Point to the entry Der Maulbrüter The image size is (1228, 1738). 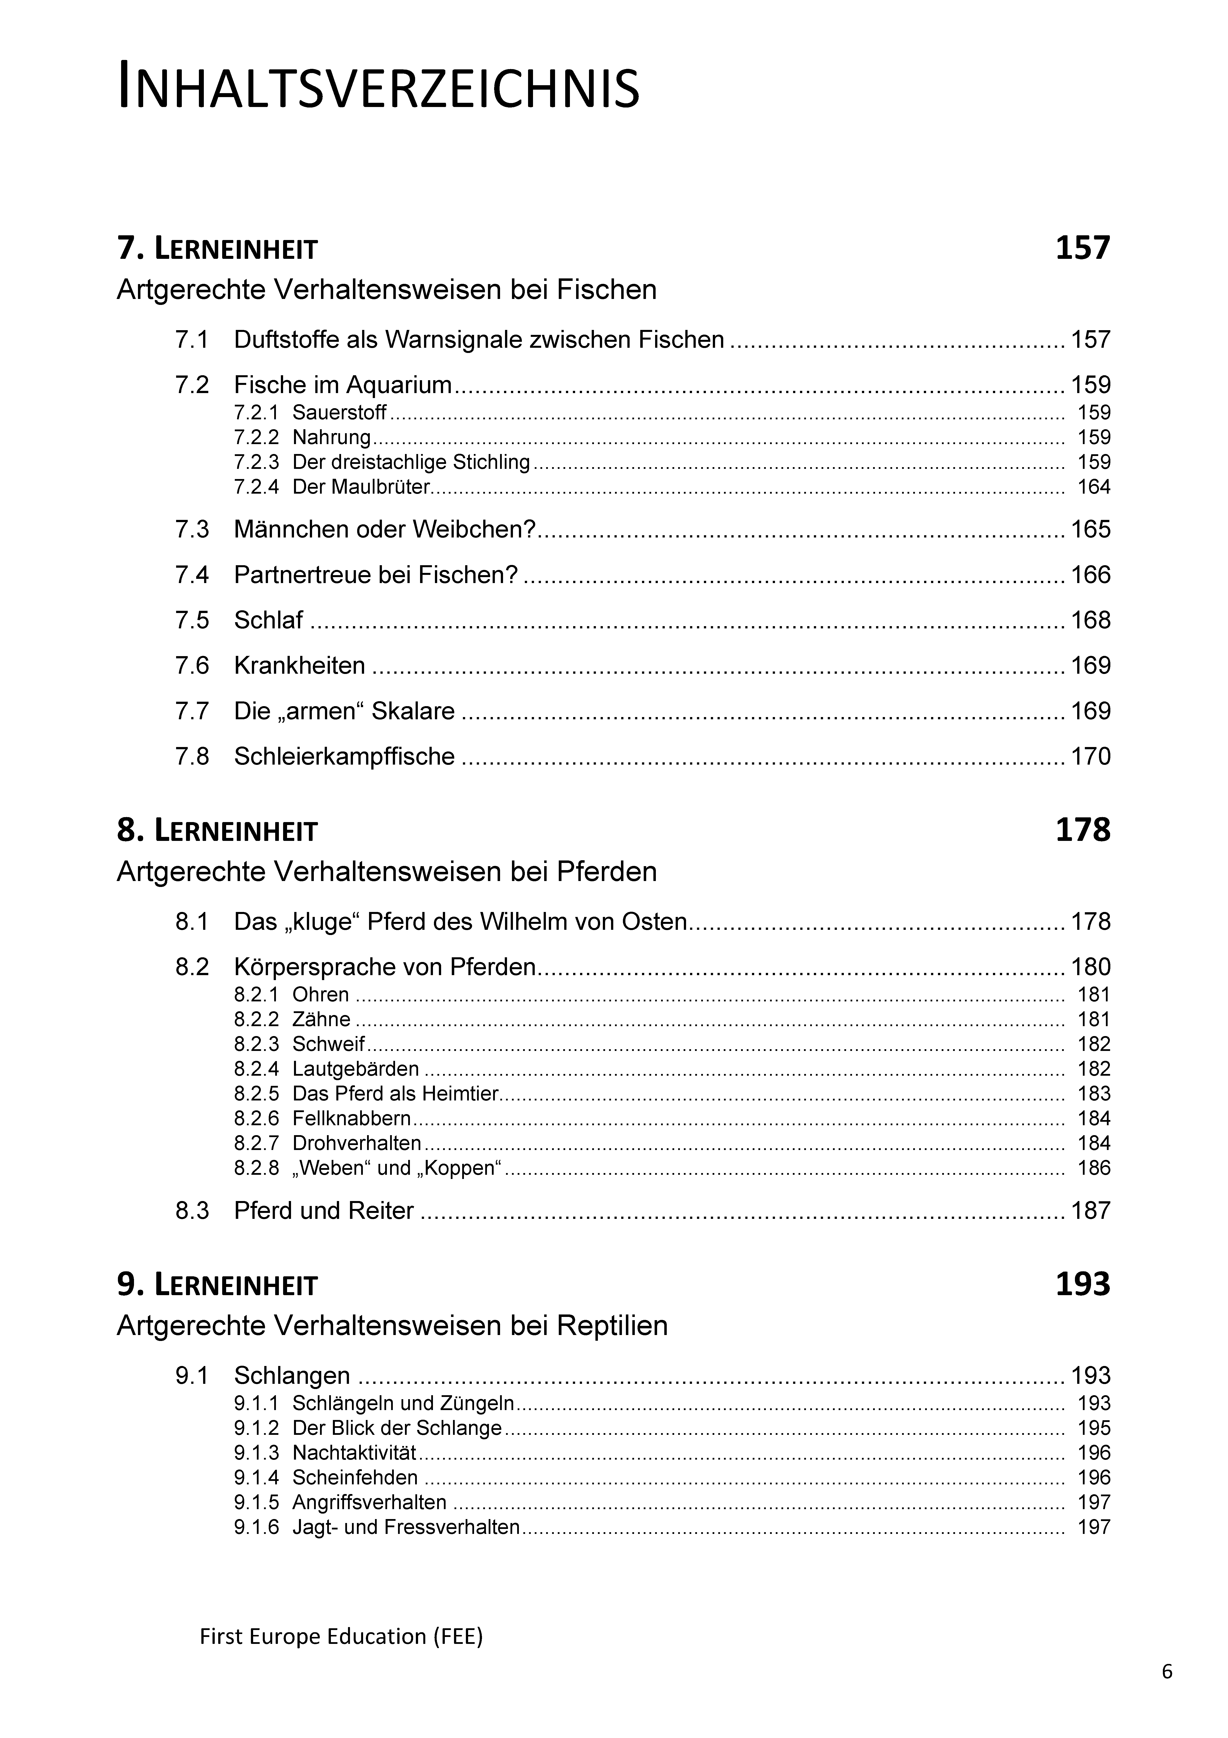coord(360,487)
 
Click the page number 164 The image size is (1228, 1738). coord(1093,487)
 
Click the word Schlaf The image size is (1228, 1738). coord(268,620)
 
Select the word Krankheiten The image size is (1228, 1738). coord(299,665)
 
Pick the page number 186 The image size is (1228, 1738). coord(1093,1168)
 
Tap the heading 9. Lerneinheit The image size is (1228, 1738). coord(217,1284)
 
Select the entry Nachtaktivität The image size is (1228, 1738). coord(354,1453)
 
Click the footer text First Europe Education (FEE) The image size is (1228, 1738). coord(341,1636)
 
